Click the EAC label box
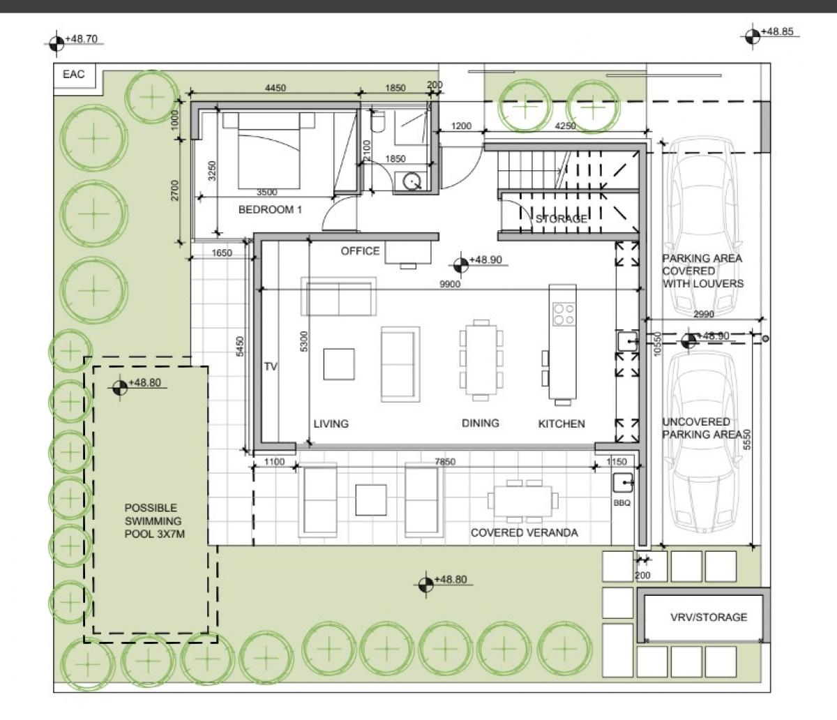click(x=75, y=79)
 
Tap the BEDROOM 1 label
click(x=270, y=209)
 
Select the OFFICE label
click(x=360, y=251)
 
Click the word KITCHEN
click(x=561, y=423)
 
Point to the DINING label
click(x=481, y=423)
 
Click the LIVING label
click(x=331, y=423)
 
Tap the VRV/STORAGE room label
click(x=709, y=617)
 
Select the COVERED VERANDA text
click(x=524, y=532)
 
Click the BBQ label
click(x=622, y=503)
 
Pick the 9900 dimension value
click(x=450, y=284)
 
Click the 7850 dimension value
click(x=445, y=462)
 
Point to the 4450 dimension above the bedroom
click(x=276, y=88)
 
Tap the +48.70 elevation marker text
click(x=82, y=39)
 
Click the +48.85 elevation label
click(x=777, y=31)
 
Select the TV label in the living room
click(x=271, y=366)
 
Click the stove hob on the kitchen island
click(x=564, y=314)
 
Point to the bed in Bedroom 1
click(x=269, y=151)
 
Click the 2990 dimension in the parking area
click(x=704, y=314)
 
